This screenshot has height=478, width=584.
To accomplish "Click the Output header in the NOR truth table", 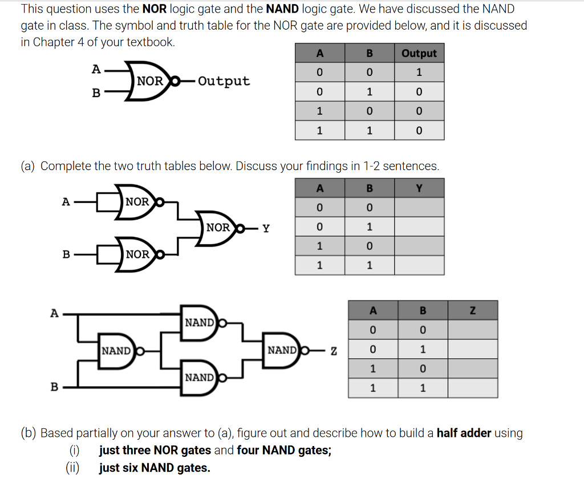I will tap(419, 53).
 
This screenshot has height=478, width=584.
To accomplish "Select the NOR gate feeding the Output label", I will tap(147, 82).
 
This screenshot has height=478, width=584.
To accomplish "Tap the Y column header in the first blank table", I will tap(419, 188).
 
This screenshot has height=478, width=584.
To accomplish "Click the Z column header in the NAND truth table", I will tap(472, 310).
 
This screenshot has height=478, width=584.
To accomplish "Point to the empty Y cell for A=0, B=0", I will tap(419, 207).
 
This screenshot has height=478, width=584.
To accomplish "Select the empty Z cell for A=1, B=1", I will tap(472, 388).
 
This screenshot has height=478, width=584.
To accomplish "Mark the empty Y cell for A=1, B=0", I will tap(419, 246).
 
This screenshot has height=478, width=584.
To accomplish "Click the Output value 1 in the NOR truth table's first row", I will tap(419, 72).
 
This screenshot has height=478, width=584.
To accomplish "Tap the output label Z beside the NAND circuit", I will tap(334, 350).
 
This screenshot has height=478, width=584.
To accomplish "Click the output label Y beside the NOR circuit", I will tap(266, 228).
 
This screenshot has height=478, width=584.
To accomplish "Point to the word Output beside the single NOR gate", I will tap(224, 81).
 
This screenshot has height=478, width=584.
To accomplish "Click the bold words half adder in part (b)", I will tap(464, 433).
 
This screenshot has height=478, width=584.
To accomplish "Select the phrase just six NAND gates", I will tap(154, 468).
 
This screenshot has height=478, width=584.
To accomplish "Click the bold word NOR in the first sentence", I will tap(154, 9).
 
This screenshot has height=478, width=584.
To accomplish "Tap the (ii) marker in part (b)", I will tap(73, 468).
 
